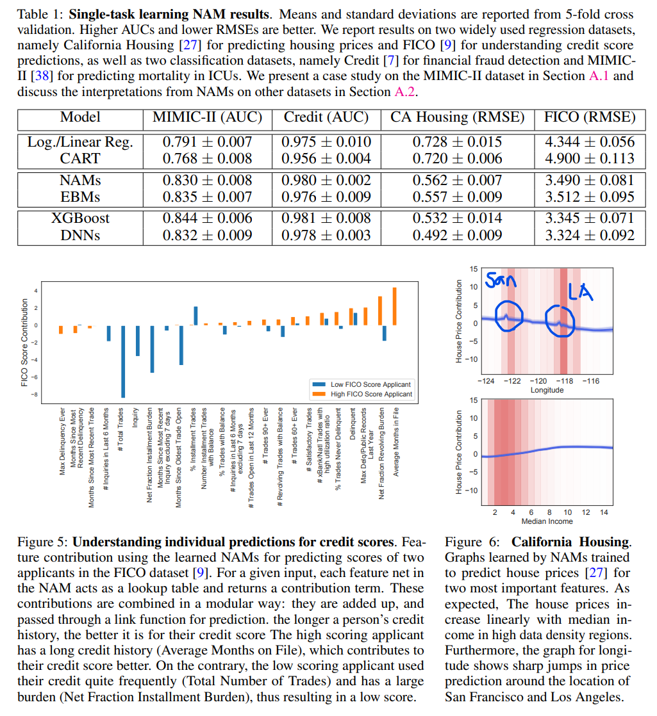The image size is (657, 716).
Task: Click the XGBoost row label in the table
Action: click(x=81, y=218)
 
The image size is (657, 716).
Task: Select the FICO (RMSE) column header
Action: click(x=590, y=117)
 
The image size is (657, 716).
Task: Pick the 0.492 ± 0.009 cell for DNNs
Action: click(x=457, y=235)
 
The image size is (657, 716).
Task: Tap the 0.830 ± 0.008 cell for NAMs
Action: click(x=207, y=181)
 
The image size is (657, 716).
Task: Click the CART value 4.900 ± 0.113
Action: click(x=590, y=158)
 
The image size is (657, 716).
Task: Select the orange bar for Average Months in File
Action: click(x=395, y=306)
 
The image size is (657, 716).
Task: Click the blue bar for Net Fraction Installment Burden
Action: click(x=152, y=348)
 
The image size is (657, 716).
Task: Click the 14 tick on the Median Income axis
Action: click(x=603, y=513)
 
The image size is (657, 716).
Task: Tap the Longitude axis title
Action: click(x=547, y=390)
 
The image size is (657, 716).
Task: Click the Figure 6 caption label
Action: click(x=469, y=542)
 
